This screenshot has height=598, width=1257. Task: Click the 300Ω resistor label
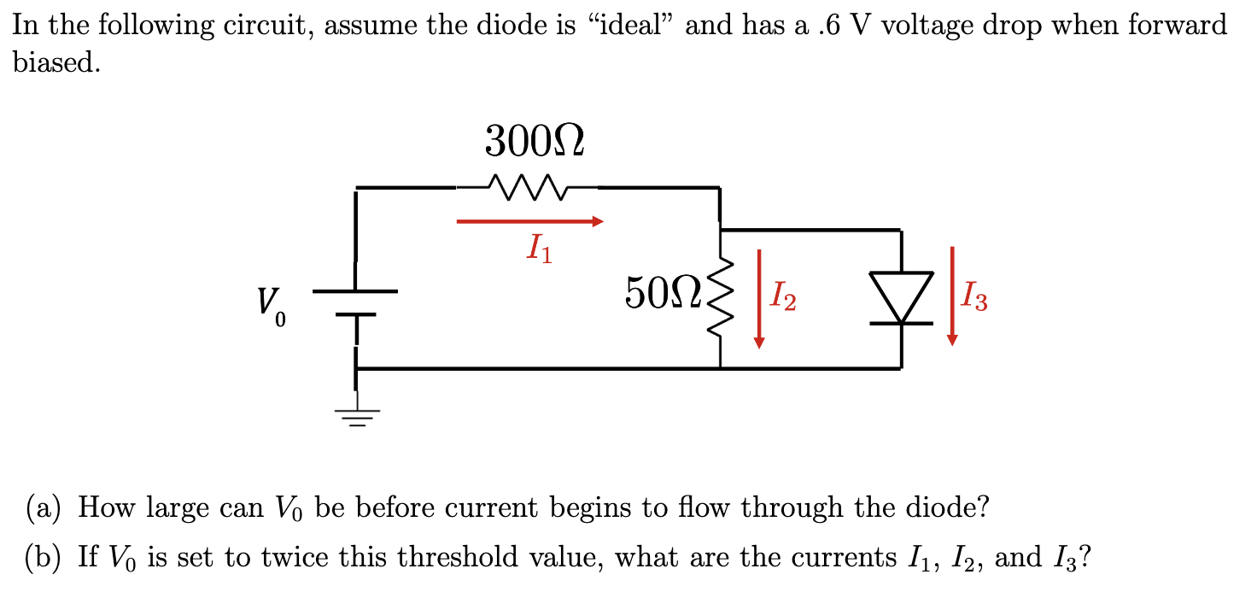[535, 142]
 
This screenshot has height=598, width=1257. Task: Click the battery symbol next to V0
[355, 303]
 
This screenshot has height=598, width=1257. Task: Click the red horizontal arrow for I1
[529, 222]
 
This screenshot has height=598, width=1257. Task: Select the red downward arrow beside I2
[759, 299]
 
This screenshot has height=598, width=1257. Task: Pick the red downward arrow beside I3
[952, 296]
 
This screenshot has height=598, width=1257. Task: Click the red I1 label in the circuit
[539, 249]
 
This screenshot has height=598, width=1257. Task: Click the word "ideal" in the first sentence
[628, 26]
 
